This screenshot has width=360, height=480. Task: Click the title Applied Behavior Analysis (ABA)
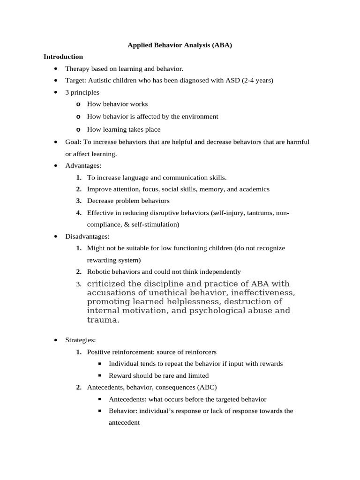click(x=180, y=45)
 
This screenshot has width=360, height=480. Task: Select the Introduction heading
click(x=63, y=57)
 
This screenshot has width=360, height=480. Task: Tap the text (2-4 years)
click(x=257, y=81)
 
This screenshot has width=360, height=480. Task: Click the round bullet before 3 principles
click(x=55, y=93)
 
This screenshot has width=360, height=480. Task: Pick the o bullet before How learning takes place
click(x=78, y=130)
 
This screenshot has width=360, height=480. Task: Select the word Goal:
click(x=73, y=142)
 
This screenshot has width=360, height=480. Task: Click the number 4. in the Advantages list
click(x=79, y=213)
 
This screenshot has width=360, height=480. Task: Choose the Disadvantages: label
click(x=87, y=237)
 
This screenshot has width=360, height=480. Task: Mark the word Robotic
click(x=98, y=272)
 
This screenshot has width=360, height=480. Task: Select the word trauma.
click(x=102, y=320)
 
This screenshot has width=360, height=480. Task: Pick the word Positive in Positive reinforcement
click(x=99, y=352)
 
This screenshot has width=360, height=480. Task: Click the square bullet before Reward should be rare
click(x=100, y=376)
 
